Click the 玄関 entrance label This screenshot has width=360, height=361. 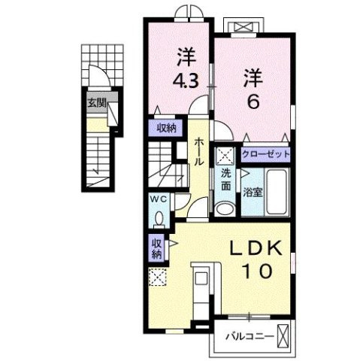(x=95, y=103)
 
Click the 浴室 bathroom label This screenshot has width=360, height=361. (x=253, y=191)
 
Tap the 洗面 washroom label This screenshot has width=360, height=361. (x=225, y=184)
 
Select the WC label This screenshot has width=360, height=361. (x=159, y=199)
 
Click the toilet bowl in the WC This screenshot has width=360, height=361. (x=159, y=217)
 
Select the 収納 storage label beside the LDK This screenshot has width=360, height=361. (x=156, y=249)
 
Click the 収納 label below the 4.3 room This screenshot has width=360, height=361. (x=167, y=128)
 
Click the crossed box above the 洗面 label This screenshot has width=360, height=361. (x=225, y=156)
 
